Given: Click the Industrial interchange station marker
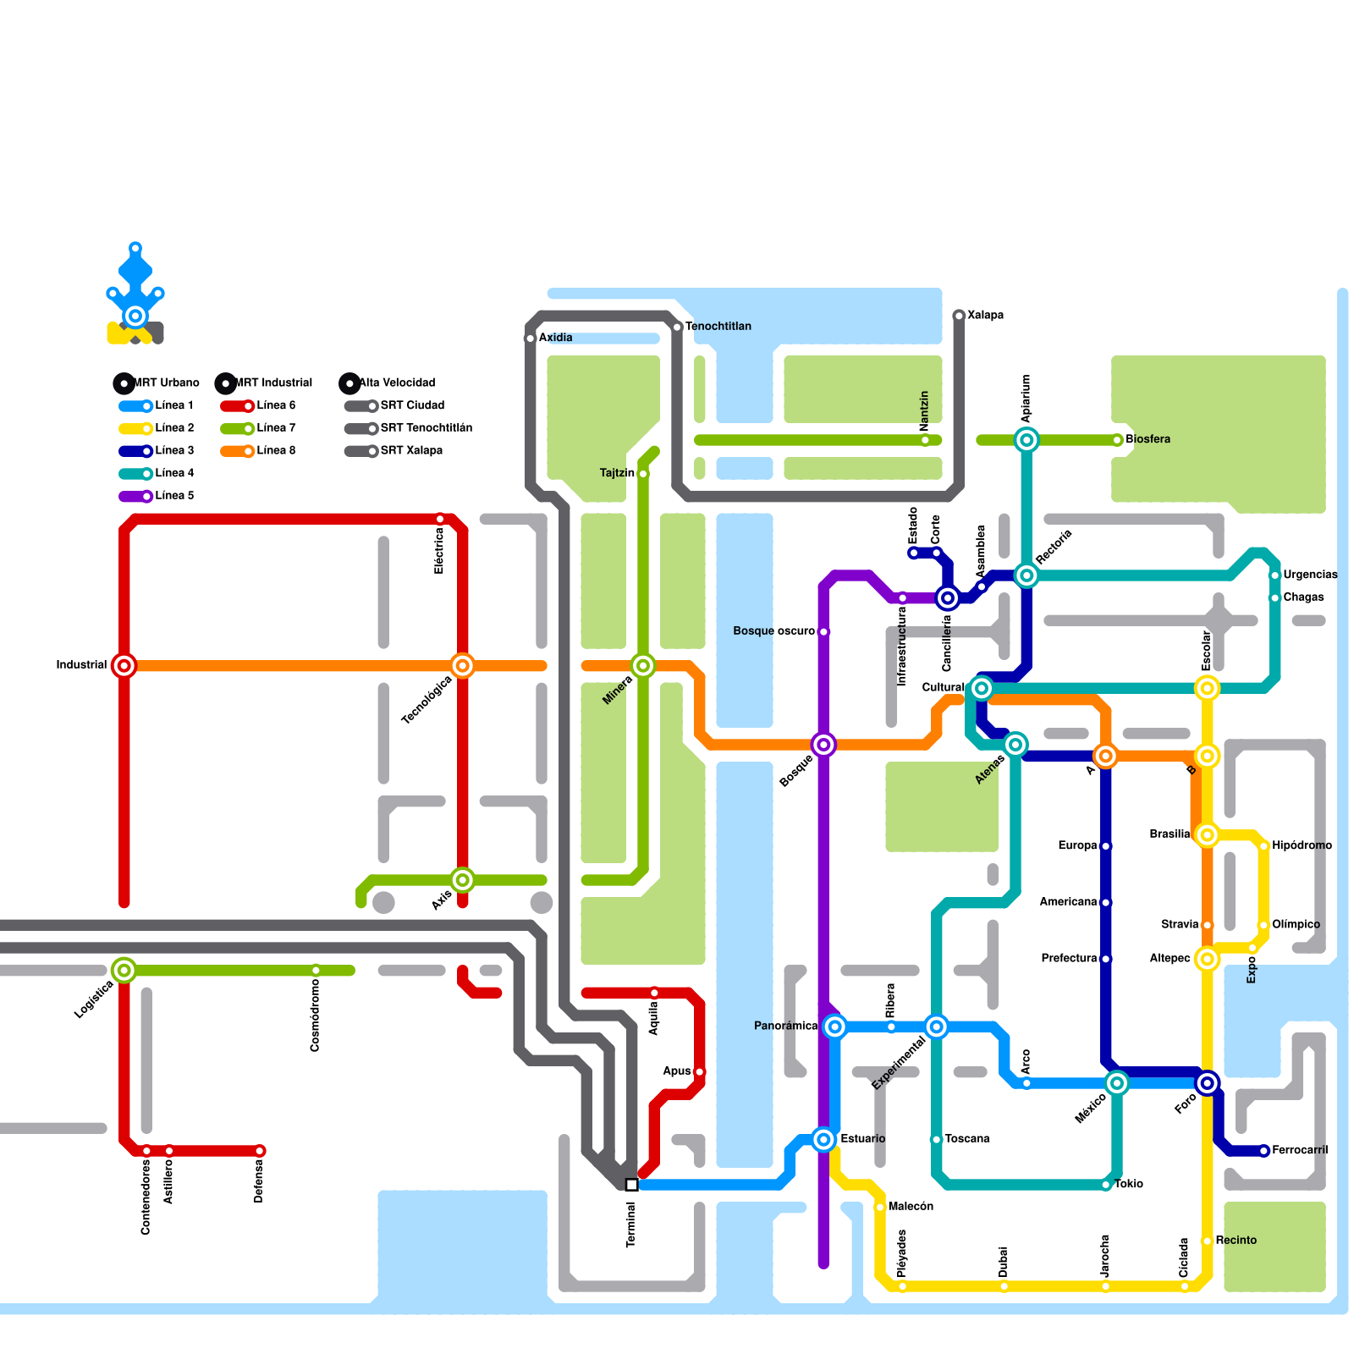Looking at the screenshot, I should [x=124, y=665].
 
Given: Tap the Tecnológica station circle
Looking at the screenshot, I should [x=462, y=665].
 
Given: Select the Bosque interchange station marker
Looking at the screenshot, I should [x=823, y=745].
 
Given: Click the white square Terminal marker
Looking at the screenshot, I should [x=631, y=1185].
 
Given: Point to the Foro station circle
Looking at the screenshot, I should [x=1208, y=1083].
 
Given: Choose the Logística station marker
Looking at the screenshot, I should [x=124, y=970].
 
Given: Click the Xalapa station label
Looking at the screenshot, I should [x=985, y=315].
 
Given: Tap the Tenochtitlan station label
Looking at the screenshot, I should [x=718, y=327].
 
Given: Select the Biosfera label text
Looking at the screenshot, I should [x=1148, y=439].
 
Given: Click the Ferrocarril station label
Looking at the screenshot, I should [x=1300, y=1150].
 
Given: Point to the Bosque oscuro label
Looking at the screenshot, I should [x=773, y=631].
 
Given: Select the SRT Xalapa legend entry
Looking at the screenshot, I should [x=411, y=450].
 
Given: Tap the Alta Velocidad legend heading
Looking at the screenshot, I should [x=396, y=383].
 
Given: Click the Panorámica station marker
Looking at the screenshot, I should [x=835, y=1027].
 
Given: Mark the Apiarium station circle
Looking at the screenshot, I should [x=1027, y=439].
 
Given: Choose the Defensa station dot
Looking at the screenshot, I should [x=260, y=1151].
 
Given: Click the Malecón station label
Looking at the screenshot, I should [x=911, y=1207].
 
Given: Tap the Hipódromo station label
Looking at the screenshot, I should [x=1302, y=845].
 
